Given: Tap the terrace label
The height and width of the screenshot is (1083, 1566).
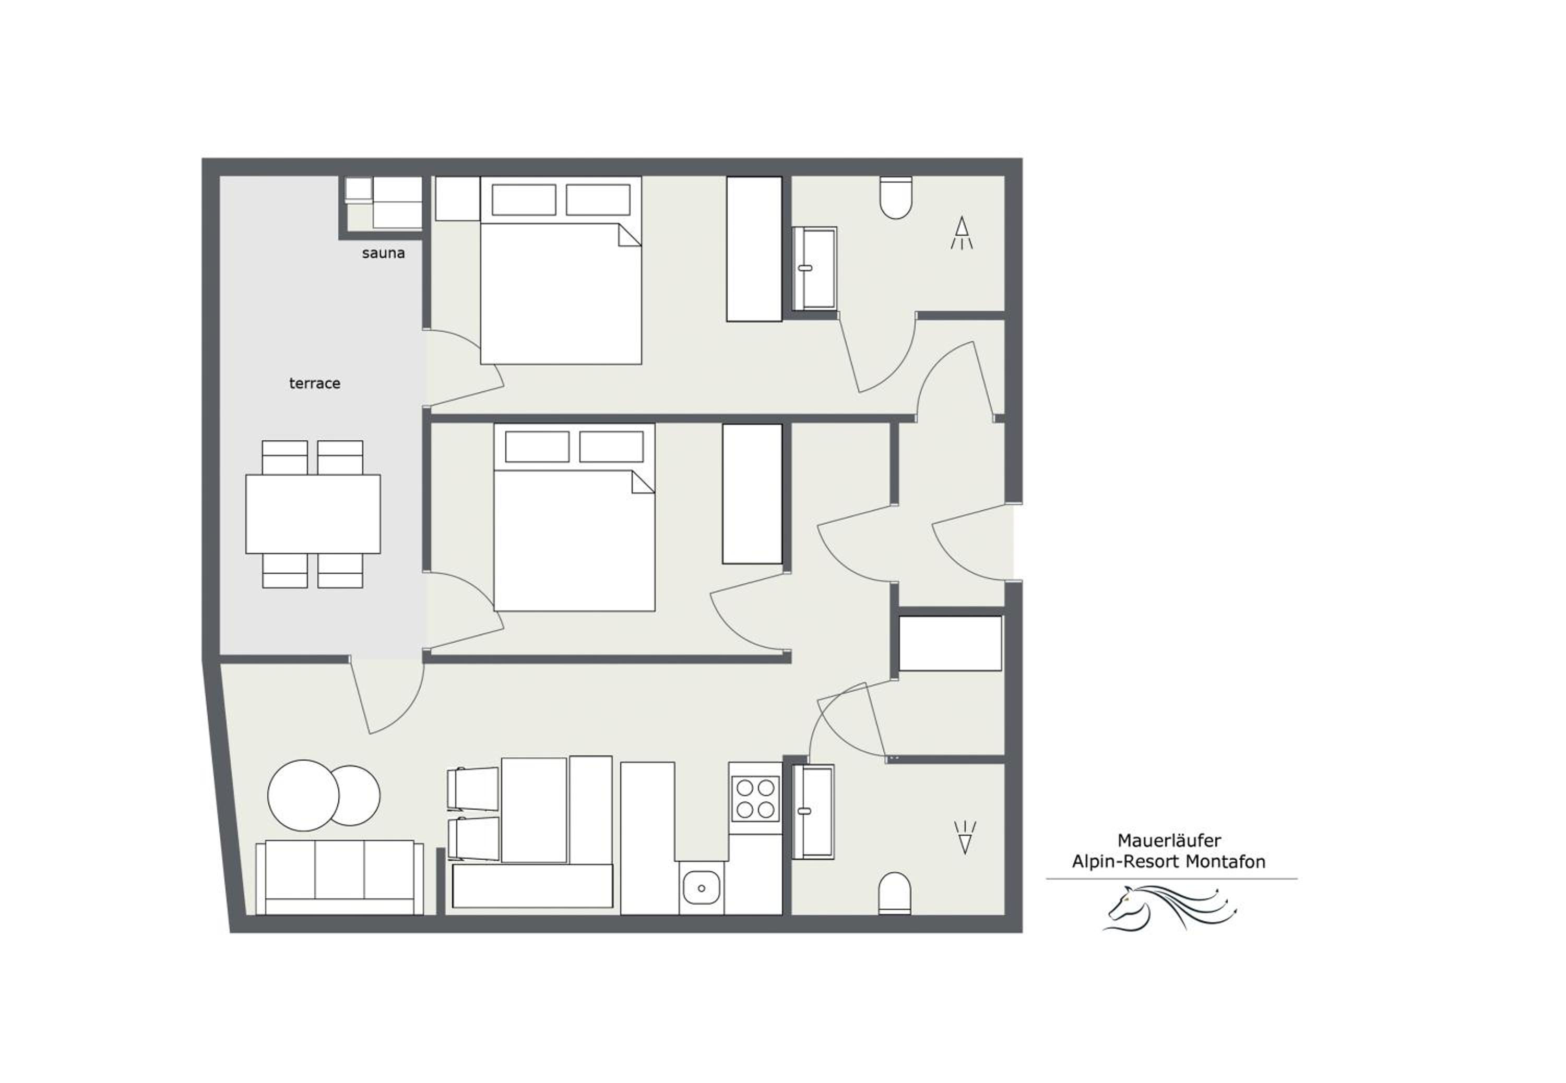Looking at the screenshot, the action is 314,383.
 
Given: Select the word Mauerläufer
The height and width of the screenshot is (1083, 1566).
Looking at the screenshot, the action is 1169,841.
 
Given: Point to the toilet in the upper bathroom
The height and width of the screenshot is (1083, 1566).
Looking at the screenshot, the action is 895,198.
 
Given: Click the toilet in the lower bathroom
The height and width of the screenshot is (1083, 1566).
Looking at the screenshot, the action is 895,893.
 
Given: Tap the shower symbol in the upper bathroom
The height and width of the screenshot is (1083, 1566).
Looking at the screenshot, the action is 961,233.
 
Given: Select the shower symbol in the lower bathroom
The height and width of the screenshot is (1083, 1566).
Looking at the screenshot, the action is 965,837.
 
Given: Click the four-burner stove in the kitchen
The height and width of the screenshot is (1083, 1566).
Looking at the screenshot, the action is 755,798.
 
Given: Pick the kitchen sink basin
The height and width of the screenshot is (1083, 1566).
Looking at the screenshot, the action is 701,887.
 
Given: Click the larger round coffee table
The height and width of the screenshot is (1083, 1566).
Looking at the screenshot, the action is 303,795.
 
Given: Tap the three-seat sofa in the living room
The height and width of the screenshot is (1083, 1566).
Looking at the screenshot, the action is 339,877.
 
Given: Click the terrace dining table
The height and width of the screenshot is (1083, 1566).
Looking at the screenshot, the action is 313,514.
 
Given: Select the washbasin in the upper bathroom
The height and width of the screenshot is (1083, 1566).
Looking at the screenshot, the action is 814,268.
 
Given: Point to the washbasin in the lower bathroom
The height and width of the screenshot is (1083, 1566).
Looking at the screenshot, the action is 813,812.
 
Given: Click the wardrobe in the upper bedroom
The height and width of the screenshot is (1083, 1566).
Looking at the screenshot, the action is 754,249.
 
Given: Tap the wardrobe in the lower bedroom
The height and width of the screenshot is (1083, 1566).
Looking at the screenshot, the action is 752,494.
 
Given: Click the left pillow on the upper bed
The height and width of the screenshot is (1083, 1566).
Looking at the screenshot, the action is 524,199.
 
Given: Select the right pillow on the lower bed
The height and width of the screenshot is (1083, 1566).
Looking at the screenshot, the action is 611,447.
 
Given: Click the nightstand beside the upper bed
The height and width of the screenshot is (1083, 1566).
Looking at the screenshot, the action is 457,198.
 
